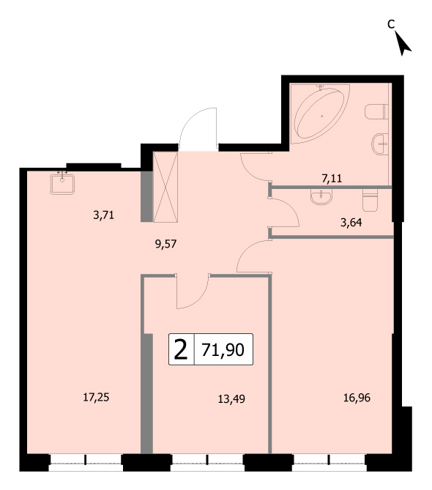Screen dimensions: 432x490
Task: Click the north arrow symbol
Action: [x=403, y=44]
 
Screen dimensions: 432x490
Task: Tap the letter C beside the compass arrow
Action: [x=391, y=23]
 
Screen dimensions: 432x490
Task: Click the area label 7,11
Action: [x=332, y=179]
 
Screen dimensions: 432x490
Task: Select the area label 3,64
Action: [x=351, y=223]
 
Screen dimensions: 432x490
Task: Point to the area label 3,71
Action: [x=103, y=215]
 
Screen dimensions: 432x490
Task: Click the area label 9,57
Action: [x=166, y=244]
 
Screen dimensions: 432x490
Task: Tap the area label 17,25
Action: [x=96, y=397]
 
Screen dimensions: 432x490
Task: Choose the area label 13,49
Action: [x=231, y=399]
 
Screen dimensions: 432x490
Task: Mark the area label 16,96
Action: [x=357, y=398]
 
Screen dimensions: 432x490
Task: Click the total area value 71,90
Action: [x=223, y=349]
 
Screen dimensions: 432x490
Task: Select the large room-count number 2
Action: [x=181, y=349]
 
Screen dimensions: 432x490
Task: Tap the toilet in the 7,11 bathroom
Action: [x=376, y=111]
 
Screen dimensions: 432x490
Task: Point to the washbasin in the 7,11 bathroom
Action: [x=380, y=144]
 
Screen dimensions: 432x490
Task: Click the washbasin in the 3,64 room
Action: [x=321, y=197]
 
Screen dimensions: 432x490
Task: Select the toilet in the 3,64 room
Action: [x=370, y=199]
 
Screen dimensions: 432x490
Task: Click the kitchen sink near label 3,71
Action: [x=62, y=183]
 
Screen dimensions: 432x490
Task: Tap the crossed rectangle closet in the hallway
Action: [x=165, y=187]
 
